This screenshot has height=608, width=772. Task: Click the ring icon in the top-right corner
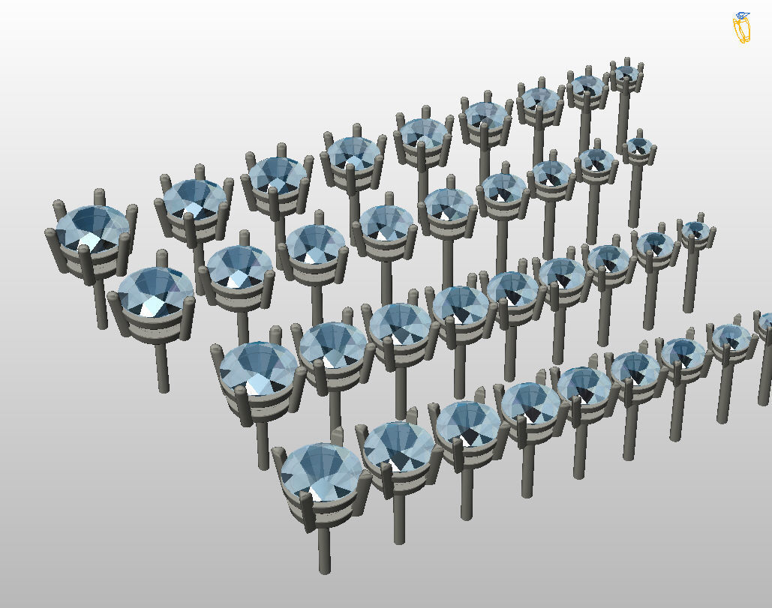point(742,28)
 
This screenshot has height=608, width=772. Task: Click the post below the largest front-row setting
point(324,551)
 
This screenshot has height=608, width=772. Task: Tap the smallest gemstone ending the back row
point(625,73)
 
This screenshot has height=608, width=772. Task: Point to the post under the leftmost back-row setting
point(102,307)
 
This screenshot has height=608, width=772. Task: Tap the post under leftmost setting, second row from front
point(263,446)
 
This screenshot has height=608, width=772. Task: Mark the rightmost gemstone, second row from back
point(638,145)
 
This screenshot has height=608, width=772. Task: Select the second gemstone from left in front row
point(398,447)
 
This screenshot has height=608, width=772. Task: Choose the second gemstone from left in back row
point(194,199)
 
